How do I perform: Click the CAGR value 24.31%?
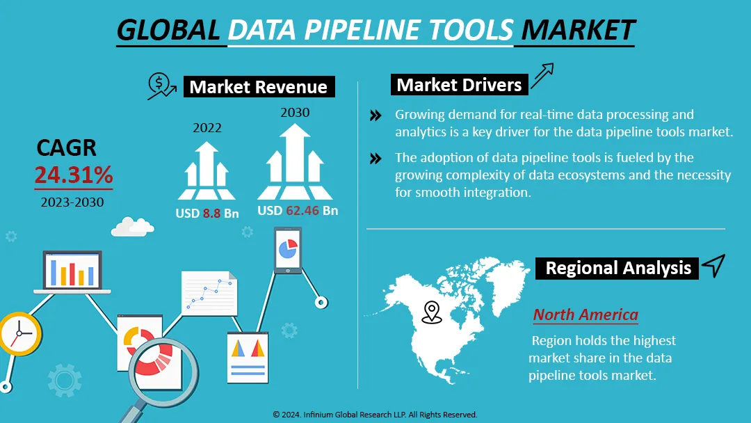click(x=74, y=175)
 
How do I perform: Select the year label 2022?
click(x=207, y=128)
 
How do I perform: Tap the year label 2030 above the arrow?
click(x=295, y=112)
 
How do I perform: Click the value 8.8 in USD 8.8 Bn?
click(x=211, y=214)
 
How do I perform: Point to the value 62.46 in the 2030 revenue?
click(x=302, y=210)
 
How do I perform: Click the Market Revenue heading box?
click(x=258, y=87)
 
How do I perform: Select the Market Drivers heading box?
click(x=459, y=85)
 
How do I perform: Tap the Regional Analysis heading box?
click(x=617, y=268)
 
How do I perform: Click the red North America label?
click(x=585, y=314)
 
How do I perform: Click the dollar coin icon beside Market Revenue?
click(x=161, y=86)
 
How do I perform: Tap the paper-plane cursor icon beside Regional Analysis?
click(x=713, y=265)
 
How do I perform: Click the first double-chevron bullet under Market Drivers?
click(x=375, y=115)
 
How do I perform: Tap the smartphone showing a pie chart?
click(x=286, y=250)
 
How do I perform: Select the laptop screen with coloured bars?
click(x=72, y=271)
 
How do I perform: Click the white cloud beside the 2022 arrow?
click(x=132, y=225)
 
